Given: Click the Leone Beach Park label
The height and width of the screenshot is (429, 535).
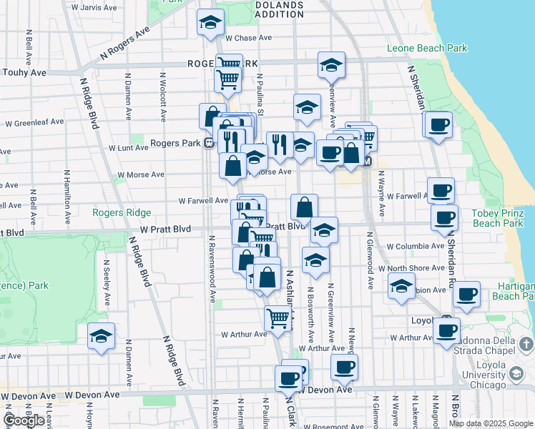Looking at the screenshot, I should pyautogui.click(x=426, y=49).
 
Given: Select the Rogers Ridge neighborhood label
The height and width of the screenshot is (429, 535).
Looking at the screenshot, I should pyautogui.click(x=122, y=212).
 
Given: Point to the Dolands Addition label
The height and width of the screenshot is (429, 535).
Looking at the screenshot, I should pyautogui.click(x=278, y=9).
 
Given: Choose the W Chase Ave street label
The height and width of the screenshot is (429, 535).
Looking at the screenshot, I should pyautogui.click(x=248, y=38).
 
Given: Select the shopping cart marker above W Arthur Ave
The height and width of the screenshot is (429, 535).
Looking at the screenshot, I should pyautogui.click(x=277, y=317).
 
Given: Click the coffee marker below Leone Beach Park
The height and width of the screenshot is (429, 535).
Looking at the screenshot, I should pyautogui.click(x=440, y=124).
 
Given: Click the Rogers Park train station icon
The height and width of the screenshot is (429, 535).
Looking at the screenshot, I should pyautogui.click(x=207, y=143).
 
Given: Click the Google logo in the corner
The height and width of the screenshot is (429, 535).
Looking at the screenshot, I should pyautogui.click(x=24, y=420).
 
